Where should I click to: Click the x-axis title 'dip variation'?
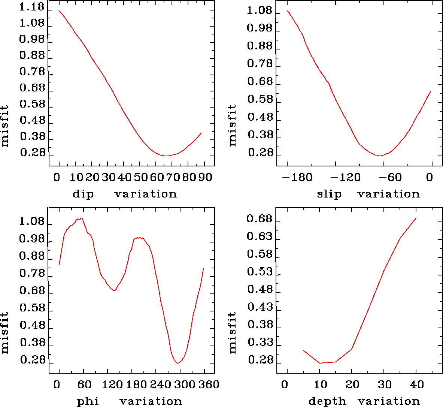[x=125, y=194]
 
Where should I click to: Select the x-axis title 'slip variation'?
[x=368, y=194]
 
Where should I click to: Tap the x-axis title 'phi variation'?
[x=129, y=401]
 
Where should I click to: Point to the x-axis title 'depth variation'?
[x=364, y=401]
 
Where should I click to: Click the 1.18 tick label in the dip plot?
[x=32, y=7]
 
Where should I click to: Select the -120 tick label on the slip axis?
[x=346, y=177]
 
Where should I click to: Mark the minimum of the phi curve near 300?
[x=178, y=363]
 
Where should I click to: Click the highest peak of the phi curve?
[x=81, y=218]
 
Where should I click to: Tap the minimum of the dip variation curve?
[x=167, y=156]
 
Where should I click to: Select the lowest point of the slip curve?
[x=380, y=156]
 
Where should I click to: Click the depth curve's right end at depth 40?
[x=416, y=218]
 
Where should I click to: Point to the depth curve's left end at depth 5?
[x=303, y=350]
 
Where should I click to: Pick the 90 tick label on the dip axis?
[x=205, y=177]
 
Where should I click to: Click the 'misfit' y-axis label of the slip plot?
[x=233, y=125]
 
